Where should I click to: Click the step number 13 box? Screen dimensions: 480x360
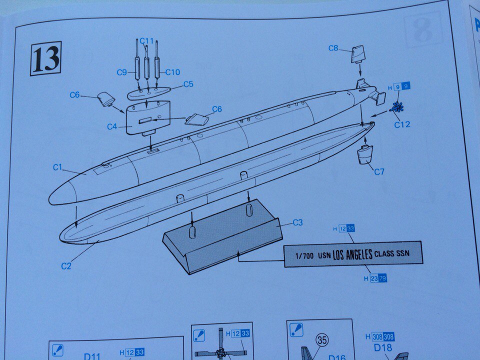45,58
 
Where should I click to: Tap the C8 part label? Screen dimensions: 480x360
333,48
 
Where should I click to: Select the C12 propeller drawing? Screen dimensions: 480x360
398,106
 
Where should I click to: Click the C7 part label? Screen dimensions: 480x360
379,172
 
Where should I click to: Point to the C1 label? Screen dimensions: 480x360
58,167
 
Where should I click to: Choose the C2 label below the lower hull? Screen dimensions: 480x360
66,266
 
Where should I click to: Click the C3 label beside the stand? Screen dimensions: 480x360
297,222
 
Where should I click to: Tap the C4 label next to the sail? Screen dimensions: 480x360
112,127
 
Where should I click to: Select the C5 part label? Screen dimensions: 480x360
188,84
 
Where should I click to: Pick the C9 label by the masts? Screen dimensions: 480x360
122,72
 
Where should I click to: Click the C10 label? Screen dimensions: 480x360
172,72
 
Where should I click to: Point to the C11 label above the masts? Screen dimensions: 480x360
147,40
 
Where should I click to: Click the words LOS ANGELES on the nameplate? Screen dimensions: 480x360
352,254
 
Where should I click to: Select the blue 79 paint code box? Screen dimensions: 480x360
382,278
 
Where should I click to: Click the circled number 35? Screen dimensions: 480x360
322,340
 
